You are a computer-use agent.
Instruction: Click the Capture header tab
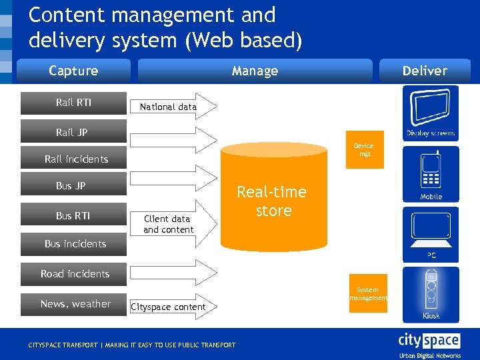pos(73,71)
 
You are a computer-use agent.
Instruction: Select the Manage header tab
pos(255,71)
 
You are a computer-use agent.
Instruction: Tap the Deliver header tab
pos(425,71)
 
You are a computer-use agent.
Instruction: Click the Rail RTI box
pos(73,103)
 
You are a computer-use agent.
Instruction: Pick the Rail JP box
pos(72,132)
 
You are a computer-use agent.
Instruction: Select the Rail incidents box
pos(75,159)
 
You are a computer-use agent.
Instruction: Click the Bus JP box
pos(72,185)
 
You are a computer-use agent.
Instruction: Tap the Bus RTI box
pos(73,215)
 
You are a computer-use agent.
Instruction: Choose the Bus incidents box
pos(75,243)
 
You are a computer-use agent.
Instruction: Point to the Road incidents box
pos(75,273)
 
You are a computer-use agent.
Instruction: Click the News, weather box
pos(75,304)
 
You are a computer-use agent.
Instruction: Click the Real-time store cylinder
pos(273,200)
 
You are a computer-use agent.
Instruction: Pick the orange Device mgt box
pos(364,149)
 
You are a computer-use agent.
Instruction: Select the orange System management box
pos(367,293)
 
